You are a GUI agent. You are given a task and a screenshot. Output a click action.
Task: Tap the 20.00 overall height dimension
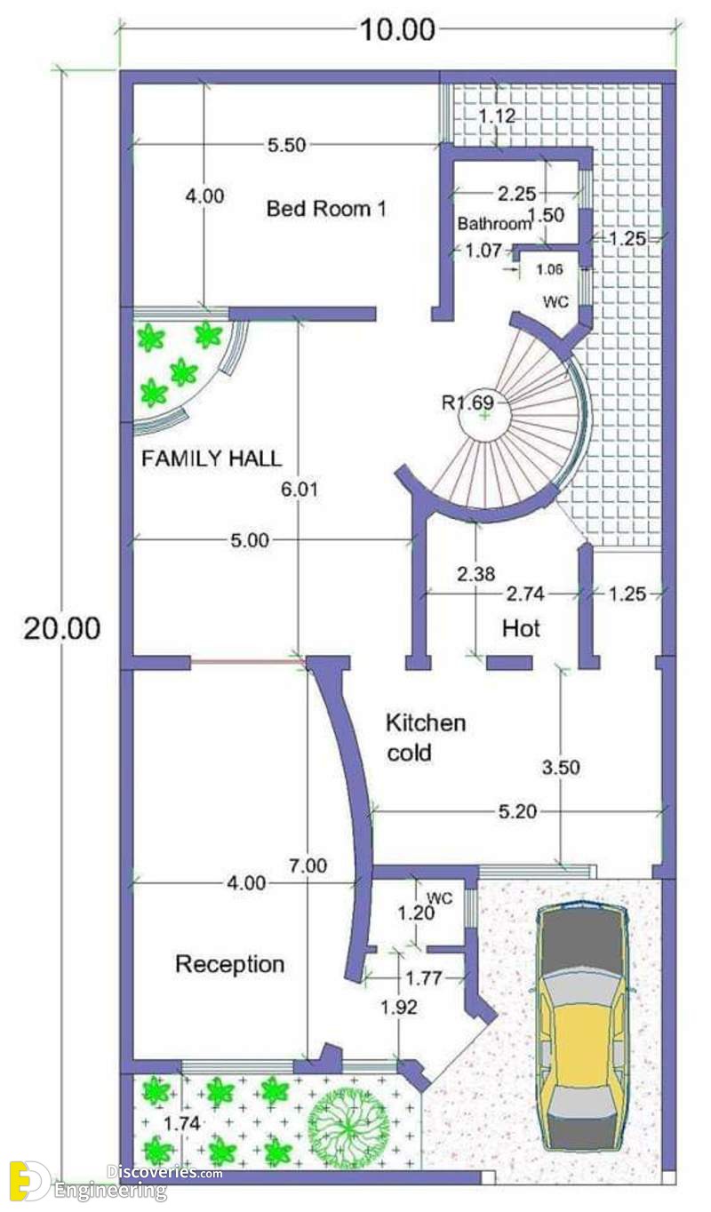(x=61, y=628)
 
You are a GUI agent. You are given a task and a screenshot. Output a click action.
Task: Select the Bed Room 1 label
(x=327, y=208)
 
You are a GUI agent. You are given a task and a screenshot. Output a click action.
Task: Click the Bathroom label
(x=494, y=223)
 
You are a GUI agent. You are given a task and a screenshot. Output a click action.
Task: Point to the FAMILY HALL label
(x=212, y=458)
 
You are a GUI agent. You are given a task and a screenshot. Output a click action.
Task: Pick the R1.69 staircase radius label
(x=467, y=403)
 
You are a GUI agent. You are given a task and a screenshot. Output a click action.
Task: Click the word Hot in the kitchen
(x=521, y=628)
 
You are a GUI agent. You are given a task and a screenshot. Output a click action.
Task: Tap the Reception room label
(x=230, y=964)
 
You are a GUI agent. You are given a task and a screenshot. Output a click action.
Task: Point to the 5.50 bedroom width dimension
(x=287, y=145)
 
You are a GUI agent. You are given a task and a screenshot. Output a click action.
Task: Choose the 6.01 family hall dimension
(x=300, y=490)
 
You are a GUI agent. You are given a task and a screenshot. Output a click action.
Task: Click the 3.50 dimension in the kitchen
(x=561, y=767)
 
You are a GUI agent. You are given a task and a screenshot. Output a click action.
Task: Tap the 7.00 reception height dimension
(x=308, y=865)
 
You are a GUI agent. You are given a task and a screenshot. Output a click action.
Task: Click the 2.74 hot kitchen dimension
(x=525, y=594)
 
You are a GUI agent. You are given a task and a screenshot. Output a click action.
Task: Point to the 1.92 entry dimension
(x=399, y=1008)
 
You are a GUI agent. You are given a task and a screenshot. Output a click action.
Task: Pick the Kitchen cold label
(x=426, y=738)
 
